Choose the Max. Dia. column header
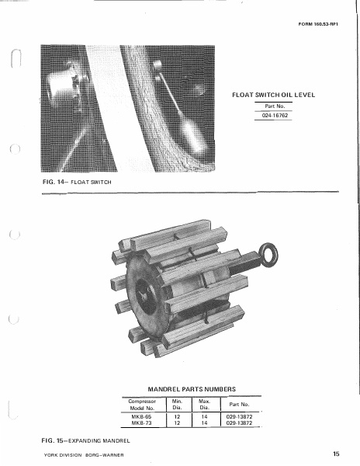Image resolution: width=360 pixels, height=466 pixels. coord(206,404)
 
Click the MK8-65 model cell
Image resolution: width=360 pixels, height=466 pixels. coord(141,416)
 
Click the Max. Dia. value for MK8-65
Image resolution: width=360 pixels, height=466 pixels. coord(206,416)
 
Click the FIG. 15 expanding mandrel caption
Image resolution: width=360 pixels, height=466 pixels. coord(85,440)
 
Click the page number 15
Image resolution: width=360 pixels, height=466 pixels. coord(335,452)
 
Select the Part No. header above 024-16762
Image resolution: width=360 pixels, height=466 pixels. coord(271,106)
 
